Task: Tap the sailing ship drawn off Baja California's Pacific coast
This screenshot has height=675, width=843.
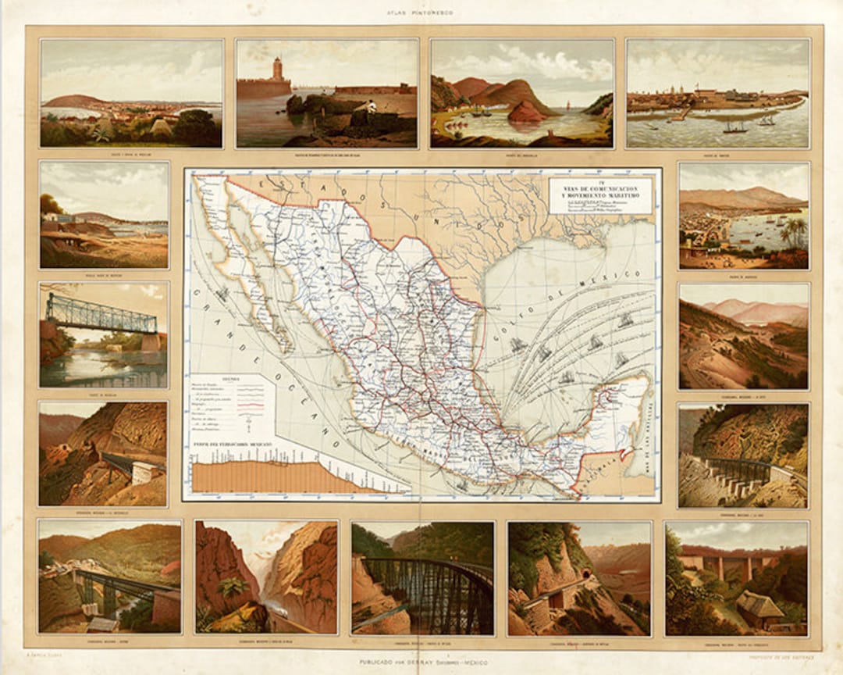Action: [222, 295]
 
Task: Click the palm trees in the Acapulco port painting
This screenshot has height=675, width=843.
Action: [795, 230]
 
